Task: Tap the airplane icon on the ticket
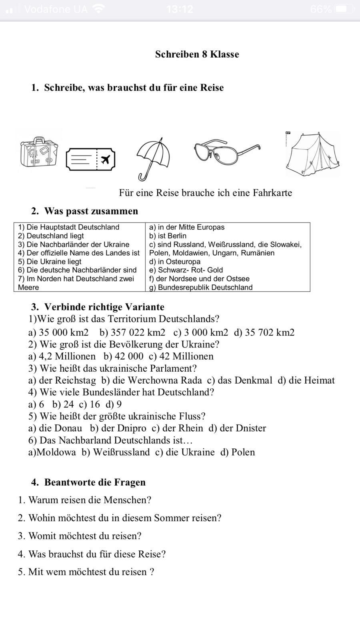[x=106, y=160]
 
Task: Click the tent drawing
[x=313, y=154]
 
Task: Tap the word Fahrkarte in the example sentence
[x=272, y=193]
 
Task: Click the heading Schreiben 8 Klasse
[x=197, y=54]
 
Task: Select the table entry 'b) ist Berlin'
[x=168, y=236]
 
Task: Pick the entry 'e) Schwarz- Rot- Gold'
[x=186, y=270]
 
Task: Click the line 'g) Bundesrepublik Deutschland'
[x=201, y=287]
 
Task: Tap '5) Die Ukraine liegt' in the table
[x=50, y=262]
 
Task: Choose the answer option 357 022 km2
[x=132, y=332]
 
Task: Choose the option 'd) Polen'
[x=238, y=452]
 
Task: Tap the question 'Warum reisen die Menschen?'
[x=90, y=500]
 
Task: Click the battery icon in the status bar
[x=344, y=9]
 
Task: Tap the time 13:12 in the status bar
[x=180, y=9]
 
